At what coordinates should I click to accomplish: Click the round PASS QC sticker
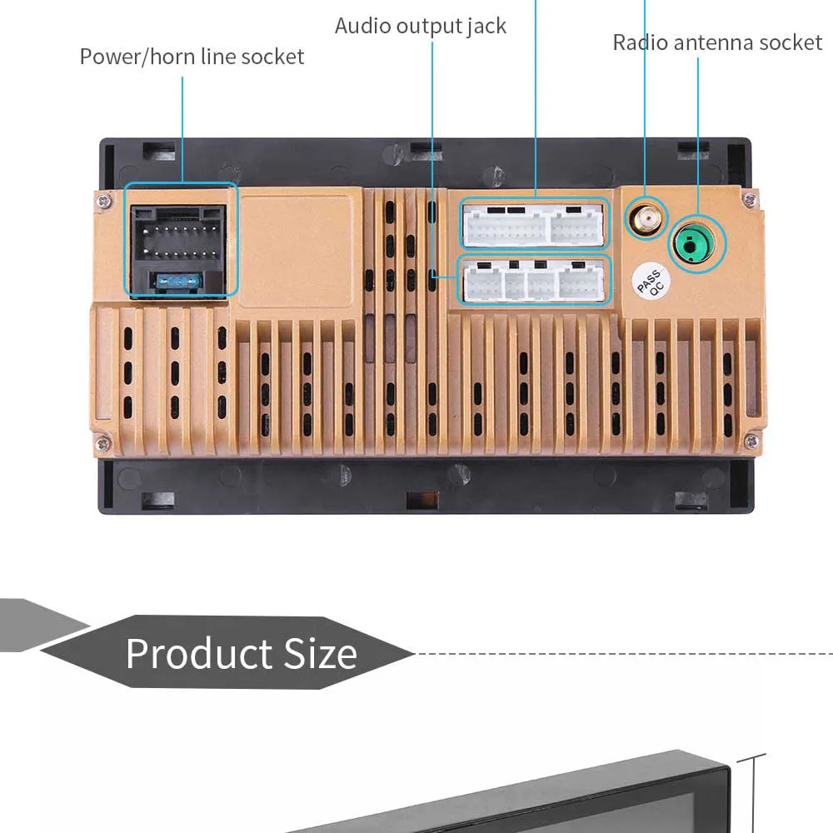pyautogui.click(x=651, y=281)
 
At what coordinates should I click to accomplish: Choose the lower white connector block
pyautogui.click(x=533, y=281)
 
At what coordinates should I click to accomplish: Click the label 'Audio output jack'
pyautogui.click(x=420, y=26)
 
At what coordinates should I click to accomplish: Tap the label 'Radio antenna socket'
pyautogui.click(x=717, y=42)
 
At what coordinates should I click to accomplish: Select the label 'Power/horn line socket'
pyautogui.click(x=192, y=57)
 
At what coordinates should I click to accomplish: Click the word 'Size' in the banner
pyautogui.click(x=321, y=653)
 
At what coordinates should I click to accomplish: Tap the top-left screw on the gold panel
pyautogui.click(x=103, y=201)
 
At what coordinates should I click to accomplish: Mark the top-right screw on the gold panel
pyautogui.click(x=750, y=200)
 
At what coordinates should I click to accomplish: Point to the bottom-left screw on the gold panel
pyautogui.click(x=102, y=441)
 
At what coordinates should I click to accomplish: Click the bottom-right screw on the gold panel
pyautogui.click(x=751, y=441)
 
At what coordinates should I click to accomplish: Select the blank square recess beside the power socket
pyautogui.click(x=296, y=251)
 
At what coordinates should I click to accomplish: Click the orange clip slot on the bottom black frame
pyautogui.click(x=422, y=500)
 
